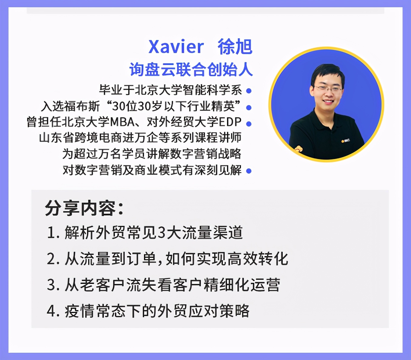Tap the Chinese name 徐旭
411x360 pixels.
(235, 47)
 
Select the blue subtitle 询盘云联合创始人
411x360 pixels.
(191, 69)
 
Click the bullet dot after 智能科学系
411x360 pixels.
(249, 91)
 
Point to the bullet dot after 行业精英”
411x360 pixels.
(249, 108)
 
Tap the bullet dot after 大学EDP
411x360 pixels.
(249, 124)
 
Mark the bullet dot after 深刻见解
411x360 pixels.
(249, 171)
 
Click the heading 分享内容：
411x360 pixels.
(84, 208)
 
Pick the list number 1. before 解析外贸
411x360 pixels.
(53, 233)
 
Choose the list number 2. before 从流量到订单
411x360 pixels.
(53, 259)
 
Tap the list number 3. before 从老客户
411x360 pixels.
(53, 285)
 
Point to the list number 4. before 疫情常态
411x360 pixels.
(53, 311)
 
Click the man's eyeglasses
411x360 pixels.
(328, 88)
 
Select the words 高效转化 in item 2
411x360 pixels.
(258, 259)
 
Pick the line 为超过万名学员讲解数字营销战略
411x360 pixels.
(152, 154)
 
